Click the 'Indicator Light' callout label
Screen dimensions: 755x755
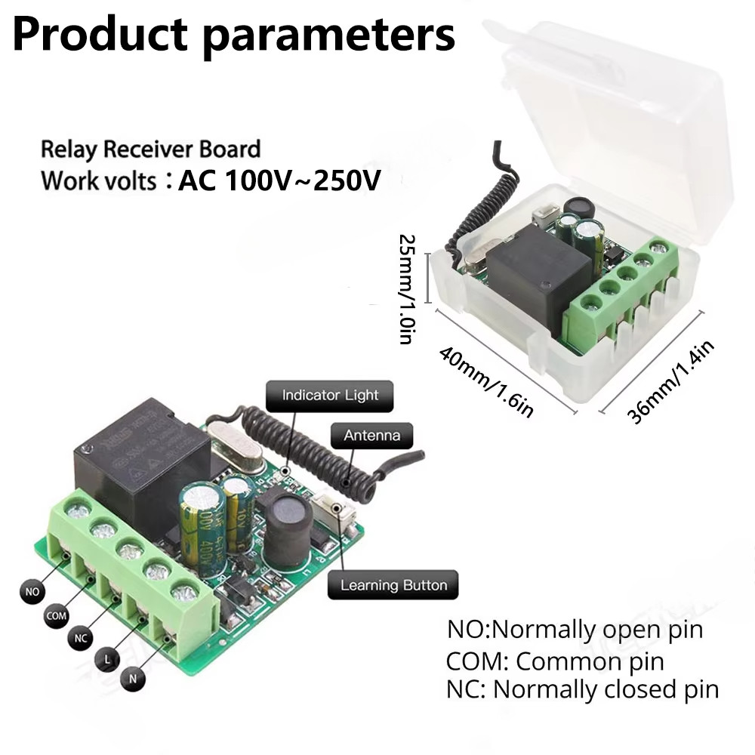pyautogui.click(x=330, y=395)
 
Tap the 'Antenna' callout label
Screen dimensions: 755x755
pyautogui.click(x=371, y=435)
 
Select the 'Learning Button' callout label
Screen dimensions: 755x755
pyautogui.click(x=393, y=585)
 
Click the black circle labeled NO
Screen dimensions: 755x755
pyautogui.click(x=32, y=592)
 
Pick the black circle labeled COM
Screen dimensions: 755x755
pyautogui.click(x=57, y=616)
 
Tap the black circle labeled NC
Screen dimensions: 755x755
pyautogui.click(x=82, y=639)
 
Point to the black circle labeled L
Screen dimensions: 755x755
pyautogui.click(x=107, y=660)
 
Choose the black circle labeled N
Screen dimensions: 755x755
pyautogui.click(x=132, y=679)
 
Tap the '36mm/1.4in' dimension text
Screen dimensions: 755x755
pyautogui.click(x=670, y=381)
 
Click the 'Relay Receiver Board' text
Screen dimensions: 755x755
pyautogui.click(x=150, y=149)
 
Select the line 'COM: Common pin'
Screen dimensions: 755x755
pyautogui.click(x=555, y=662)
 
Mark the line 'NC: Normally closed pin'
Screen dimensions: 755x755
pyautogui.click(x=582, y=689)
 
